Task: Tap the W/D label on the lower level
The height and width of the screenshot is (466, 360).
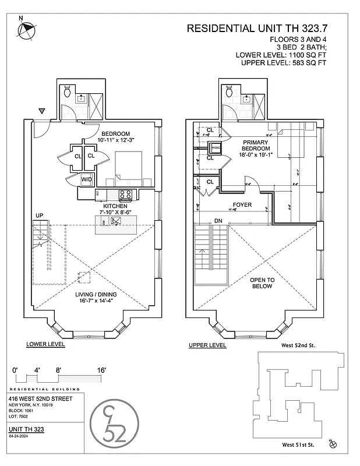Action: pos(87,179)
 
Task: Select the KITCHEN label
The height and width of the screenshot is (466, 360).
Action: pos(115,206)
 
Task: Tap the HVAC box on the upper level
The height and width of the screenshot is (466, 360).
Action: pos(215,148)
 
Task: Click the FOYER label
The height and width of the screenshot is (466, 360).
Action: pos(242,205)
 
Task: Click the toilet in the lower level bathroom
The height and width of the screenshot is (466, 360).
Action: pos(68,91)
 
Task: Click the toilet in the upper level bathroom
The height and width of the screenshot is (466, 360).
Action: pos(230,91)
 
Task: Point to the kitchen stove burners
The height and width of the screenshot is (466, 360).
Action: pos(125,194)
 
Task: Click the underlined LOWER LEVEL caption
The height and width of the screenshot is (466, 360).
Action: pos(45,345)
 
